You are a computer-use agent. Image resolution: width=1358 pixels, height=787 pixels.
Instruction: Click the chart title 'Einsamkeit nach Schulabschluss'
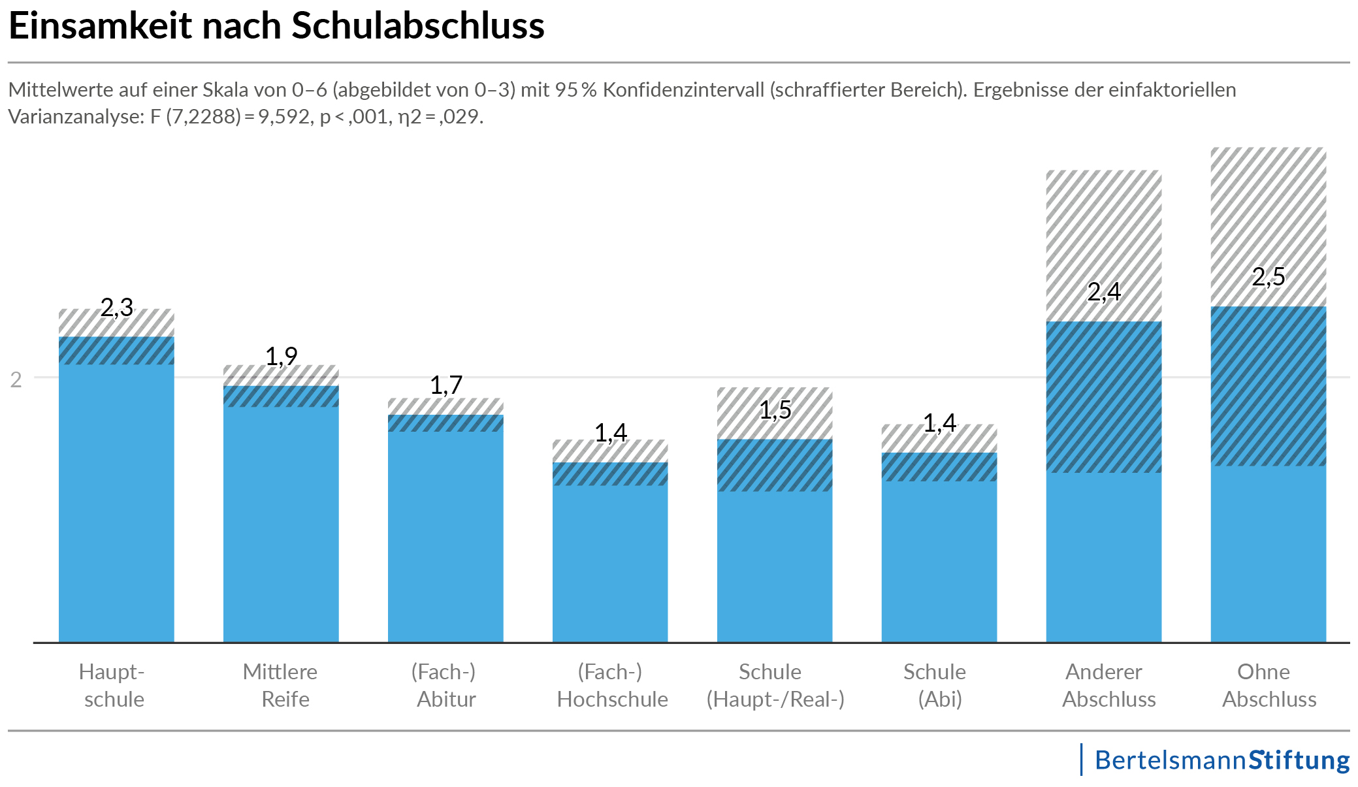coord(276,26)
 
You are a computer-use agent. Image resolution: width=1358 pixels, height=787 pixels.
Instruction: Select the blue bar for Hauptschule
coord(116,503)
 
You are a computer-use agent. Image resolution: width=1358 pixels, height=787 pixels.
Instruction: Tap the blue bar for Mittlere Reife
coord(281,522)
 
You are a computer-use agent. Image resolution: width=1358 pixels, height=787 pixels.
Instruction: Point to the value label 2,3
coord(117,307)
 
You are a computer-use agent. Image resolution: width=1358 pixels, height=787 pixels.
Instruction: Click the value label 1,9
coord(282,357)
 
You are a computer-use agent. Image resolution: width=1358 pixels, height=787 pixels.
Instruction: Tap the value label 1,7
coord(446,385)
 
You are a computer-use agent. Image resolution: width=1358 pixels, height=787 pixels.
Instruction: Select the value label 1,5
coord(775,410)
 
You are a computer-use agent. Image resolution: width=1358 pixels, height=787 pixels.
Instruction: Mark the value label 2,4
coord(1104,292)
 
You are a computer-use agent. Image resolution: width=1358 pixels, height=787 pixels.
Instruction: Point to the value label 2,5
coord(1269,277)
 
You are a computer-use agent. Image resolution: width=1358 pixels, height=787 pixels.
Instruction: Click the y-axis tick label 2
coord(16,379)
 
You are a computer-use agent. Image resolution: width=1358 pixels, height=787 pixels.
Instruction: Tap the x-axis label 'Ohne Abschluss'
coord(1269,685)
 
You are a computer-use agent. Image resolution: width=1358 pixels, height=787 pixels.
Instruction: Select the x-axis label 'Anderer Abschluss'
coord(1108,685)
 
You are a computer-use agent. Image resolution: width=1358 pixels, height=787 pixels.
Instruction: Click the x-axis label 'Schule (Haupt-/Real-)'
coord(775,685)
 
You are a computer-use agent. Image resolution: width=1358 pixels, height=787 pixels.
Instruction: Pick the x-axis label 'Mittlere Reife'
coord(281,685)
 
